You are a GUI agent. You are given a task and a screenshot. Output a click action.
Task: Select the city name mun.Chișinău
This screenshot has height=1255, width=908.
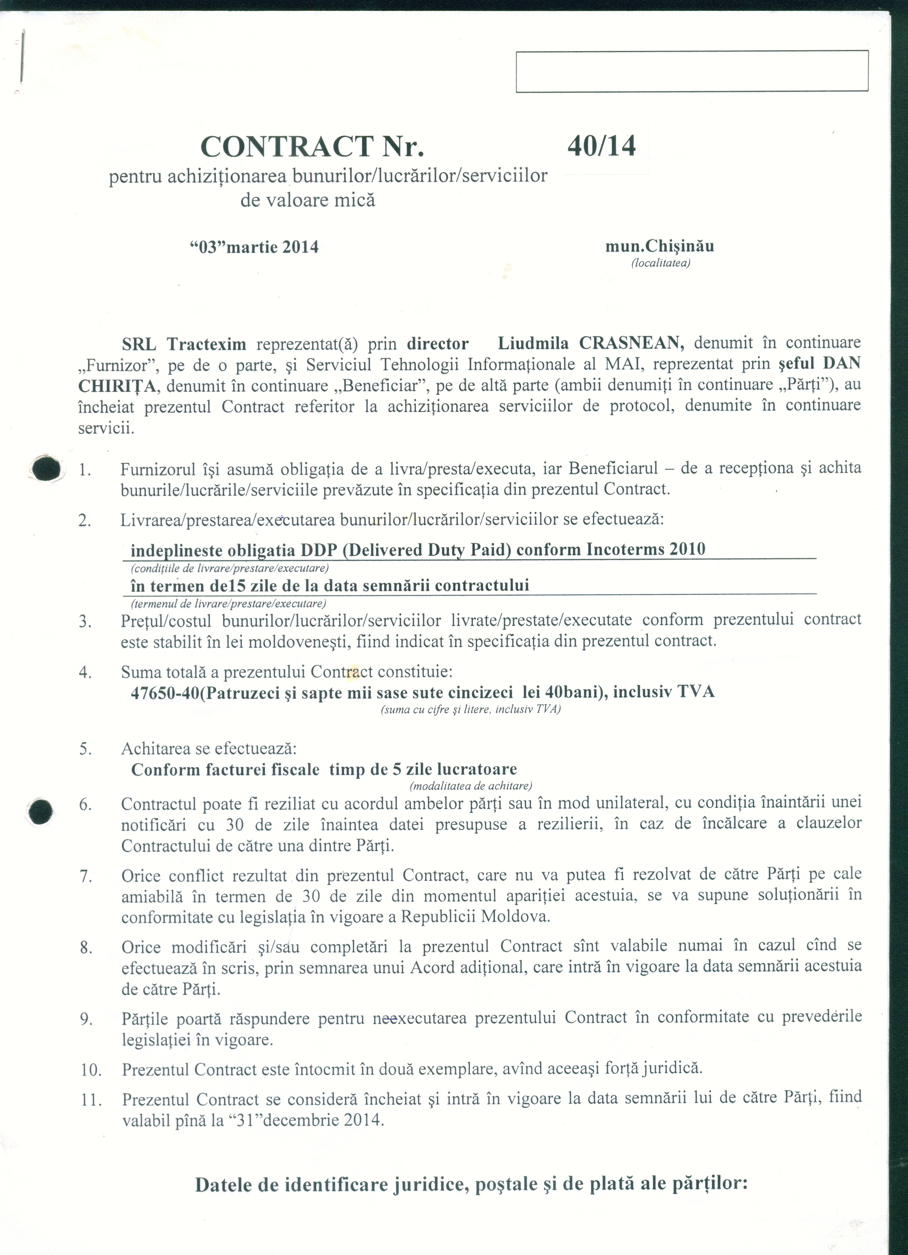[659, 246]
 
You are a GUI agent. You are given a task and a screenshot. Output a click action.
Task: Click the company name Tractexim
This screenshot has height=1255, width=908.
[206, 344]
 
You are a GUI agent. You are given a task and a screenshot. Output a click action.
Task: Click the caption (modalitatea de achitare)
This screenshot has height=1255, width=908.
[470, 786]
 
